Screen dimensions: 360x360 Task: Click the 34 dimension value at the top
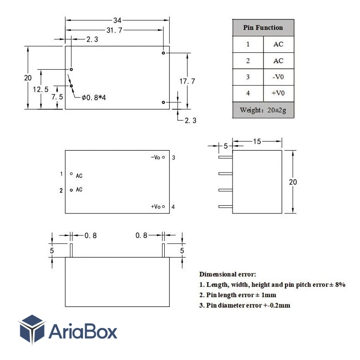[117, 20]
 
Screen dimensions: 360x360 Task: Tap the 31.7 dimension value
[114, 30]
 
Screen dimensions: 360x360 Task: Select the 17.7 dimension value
[187, 81]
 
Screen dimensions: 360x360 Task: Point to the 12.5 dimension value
[41, 89]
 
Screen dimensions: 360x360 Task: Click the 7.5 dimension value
[57, 97]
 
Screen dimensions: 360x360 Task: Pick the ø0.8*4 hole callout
[94, 98]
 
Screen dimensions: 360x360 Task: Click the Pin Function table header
[263, 28]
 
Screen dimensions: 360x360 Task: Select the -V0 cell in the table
[278, 77]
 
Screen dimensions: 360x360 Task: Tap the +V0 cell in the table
[278, 93]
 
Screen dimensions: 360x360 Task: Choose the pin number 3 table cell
[248, 77]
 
